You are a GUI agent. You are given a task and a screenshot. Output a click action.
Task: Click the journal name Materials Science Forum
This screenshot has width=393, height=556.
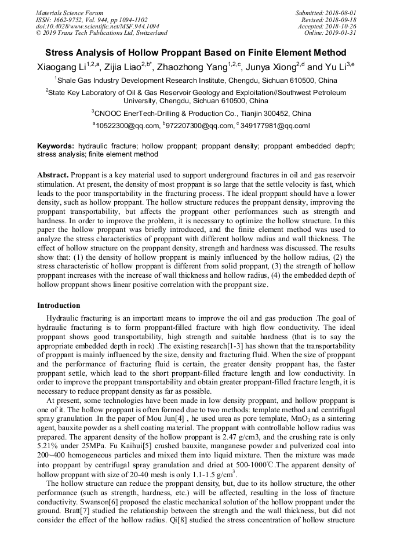click(x=70, y=13)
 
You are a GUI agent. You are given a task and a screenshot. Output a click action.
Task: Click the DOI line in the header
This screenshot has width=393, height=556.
click(x=97, y=26)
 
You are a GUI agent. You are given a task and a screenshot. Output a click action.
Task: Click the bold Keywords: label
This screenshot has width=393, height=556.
click(x=56, y=147)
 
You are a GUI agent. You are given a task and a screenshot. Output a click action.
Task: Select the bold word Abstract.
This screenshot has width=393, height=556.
click(x=53, y=175)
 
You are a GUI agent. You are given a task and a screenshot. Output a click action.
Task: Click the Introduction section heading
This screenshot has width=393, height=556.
click(x=59, y=306)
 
